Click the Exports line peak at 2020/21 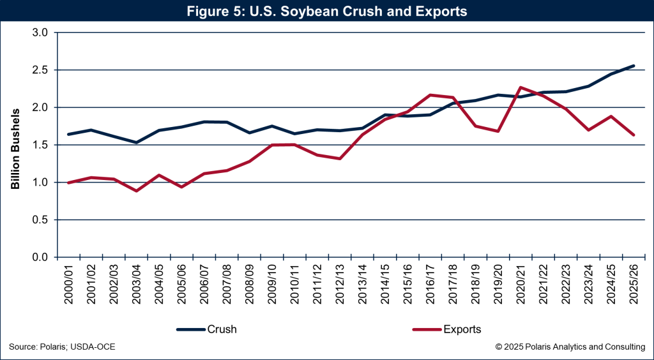pyautogui.click(x=521, y=87)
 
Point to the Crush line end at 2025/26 pyautogui.click(x=634, y=66)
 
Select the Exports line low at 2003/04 pyautogui.click(x=137, y=191)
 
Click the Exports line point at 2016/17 pyautogui.click(x=430, y=95)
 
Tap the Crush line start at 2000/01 pyautogui.click(x=69, y=134)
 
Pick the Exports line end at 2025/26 pyautogui.click(x=634, y=135)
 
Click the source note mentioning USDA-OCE pyautogui.click(x=62, y=347)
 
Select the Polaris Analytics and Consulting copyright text pyautogui.click(x=570, y=347)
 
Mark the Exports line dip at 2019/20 pyautogui.click(x=498, y=131)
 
